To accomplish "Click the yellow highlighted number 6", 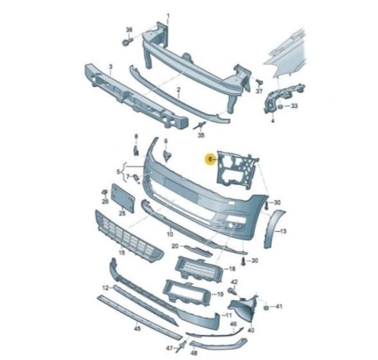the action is click(210, 159).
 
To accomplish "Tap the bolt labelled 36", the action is click(127, 42).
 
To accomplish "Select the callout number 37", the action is click(259, 91).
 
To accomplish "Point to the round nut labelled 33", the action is click(280, 106).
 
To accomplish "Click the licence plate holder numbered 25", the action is click(122, 199).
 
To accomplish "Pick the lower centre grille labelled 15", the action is click(129, 237).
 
